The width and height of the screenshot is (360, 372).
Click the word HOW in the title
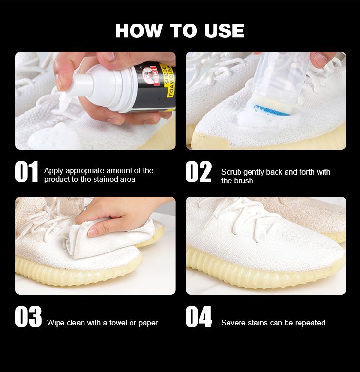tap(139, 31)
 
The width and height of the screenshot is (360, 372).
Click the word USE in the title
tap(224, 31)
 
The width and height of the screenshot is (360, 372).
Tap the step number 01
tap(26, 172)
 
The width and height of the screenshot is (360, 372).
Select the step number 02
tap(198, 172)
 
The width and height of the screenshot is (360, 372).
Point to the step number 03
tap(28, 317)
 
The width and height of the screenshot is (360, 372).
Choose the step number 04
tap(199, 317)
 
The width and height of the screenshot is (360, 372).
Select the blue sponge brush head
tap(271, 110)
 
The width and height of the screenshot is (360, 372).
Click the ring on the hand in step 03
tap(85, 208)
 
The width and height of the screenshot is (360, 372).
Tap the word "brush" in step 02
tap(244, 181)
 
